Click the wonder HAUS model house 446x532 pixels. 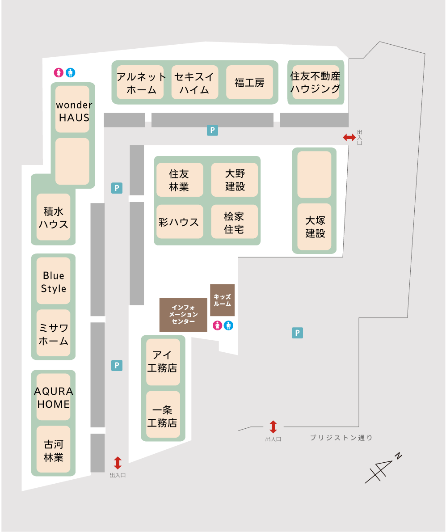tap(72, 109)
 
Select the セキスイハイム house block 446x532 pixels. tap(195, 82)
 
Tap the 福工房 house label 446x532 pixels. tap(250, 82)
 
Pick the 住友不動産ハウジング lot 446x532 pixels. tap(316, 82)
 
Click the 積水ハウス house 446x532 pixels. tap(53, 217)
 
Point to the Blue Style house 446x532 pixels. tap(53, 281)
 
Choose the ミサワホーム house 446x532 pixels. tap(53, 333)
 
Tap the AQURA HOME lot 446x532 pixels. tap(53, 397)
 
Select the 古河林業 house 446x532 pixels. tap(53, 449)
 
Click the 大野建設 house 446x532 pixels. tap(235, 180)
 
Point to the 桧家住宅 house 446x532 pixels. tap(235, 222)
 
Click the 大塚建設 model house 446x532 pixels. tap(315, 227)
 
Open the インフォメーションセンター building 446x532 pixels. tap(184, 315)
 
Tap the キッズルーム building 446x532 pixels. tap(223, 300)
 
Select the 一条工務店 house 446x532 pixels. tap(163, 414)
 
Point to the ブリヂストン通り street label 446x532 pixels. tap(341, 438)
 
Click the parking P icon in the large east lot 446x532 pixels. tap(298, 333)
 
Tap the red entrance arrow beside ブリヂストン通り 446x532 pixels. tap(273, 427)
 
